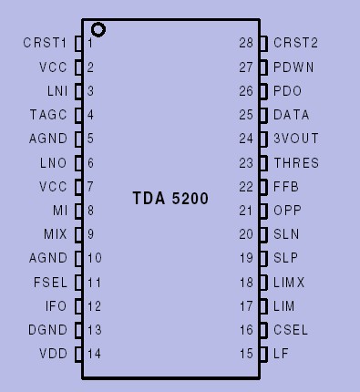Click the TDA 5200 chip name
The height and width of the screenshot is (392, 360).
(170, 197)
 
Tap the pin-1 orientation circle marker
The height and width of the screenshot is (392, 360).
(98, 30)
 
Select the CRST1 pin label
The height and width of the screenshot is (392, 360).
(45, 43)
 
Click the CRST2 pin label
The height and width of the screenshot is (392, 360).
(295, 43)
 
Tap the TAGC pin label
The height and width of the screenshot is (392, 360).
(48, 115)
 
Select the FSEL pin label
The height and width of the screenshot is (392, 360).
(49, 282)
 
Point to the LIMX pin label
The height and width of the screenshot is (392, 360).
(289, 282)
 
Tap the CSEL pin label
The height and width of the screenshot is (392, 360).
(291, 329)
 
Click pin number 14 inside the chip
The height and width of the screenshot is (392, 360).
(95, 354)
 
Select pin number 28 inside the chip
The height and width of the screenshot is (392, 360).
(246, 43)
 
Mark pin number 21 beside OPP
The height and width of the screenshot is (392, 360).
(246, 210)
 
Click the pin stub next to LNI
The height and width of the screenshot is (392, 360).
(78, 91)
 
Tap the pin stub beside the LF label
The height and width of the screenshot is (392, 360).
(264, 354)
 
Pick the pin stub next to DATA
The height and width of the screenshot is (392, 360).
(264, 115)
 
